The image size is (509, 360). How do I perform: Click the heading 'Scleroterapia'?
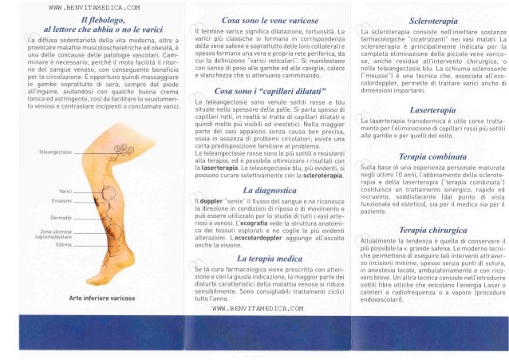(432, 15)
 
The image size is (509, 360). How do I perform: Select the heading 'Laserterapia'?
(432, 105)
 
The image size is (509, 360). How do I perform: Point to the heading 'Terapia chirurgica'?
(431, 229)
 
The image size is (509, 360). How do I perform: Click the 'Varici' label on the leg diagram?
(66, 192)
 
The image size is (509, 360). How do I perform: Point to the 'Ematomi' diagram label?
(63, 201)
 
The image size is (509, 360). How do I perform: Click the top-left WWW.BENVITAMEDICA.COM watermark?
(83, 6)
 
